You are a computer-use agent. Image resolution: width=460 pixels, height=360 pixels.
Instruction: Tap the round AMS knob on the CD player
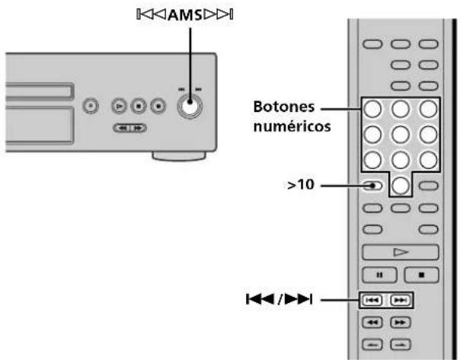click(x=189, y=108)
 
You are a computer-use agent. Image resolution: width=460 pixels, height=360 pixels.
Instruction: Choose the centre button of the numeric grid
click(x=401, y=134)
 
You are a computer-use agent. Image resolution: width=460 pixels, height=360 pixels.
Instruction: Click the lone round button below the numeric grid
click(x=401, y=185)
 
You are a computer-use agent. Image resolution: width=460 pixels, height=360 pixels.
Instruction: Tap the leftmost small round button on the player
click(x=91, y=108)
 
